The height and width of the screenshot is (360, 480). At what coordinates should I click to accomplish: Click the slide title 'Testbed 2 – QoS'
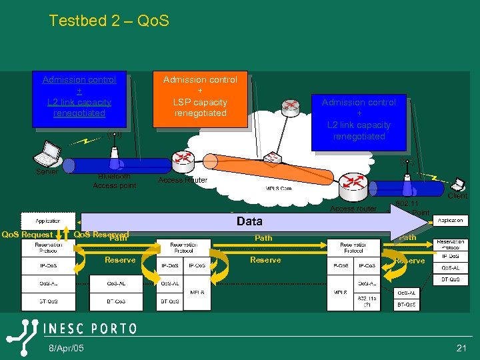[109, 21]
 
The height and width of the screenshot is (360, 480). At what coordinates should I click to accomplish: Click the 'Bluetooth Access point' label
[114, 181]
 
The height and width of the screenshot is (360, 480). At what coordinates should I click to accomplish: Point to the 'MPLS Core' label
[279, 189]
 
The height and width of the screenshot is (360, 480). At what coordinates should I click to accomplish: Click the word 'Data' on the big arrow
[249, 221]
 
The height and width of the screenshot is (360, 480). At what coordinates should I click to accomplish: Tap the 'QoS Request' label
[27, 235]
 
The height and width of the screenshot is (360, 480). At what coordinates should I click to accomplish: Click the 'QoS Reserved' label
[100, 235]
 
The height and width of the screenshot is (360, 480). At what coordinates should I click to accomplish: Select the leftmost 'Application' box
[48, 221]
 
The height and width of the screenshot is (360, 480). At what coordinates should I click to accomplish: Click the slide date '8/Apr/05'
[65, 349]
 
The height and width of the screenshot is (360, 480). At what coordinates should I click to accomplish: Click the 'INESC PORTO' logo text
[90, 329]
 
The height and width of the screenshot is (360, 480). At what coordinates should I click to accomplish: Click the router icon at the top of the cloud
[290, 106]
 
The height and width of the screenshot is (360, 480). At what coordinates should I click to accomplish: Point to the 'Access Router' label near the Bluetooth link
[183, 180]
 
